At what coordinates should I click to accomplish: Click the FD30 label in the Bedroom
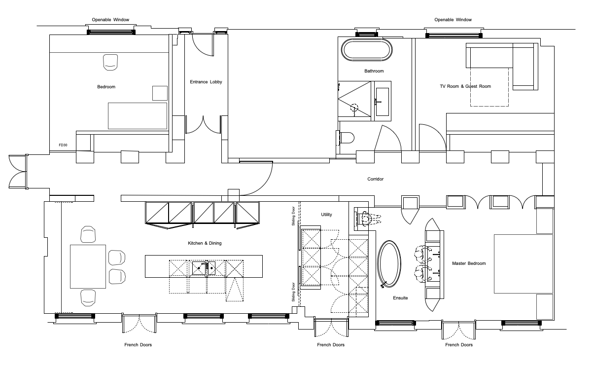63,145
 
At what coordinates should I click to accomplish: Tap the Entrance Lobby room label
206,82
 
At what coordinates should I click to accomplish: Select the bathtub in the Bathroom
367,50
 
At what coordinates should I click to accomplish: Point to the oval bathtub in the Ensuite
389,264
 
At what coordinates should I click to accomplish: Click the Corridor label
376,179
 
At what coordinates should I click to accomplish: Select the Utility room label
326,215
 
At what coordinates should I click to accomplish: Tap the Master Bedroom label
469,263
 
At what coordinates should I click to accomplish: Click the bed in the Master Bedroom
523,264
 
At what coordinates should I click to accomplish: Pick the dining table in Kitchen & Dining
88,266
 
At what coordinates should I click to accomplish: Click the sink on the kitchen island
204,268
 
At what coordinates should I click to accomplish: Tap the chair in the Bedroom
110,62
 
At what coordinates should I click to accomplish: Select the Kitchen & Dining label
205,243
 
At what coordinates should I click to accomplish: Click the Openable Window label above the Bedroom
110,20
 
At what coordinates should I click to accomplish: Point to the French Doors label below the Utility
331,345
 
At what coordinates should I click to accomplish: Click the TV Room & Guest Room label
465,86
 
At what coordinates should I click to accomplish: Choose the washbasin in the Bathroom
383,102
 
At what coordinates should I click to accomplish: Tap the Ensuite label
400,298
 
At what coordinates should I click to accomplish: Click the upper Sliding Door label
293,216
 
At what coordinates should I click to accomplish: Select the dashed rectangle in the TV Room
489,87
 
